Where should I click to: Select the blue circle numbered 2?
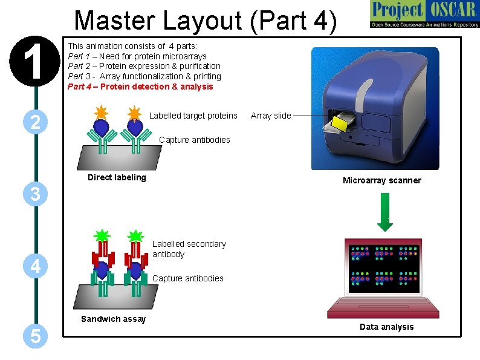pyautogui.click(x=35, y=122)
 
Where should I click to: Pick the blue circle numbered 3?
pyautogui.click(x=35, y=194)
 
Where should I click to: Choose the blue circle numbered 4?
pyautogui.click(x=35, y=266)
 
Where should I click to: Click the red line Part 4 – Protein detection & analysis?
pyautogui.click(x=140, y=87)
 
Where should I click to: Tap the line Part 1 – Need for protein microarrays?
pyautogui.click(x=137, y=56)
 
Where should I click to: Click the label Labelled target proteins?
pyautogui.click(x=193, y=116)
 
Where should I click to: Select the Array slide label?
pyautogui.click(x=270, y=116)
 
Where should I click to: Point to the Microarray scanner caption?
pyautogui.click(x=381, y=180)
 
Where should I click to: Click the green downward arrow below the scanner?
pyautogui.click(x=384, y=211)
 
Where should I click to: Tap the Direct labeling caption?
pyautogui.click(x=117, y=177)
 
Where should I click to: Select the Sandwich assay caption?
pyautogui.click(x=113, y=319)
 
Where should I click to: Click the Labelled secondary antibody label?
pyautogui.click(x=189, y=249)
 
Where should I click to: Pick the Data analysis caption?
pyautogui.click(x=386, y=327)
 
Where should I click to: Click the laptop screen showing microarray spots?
pyautogui.click(x=383, y=267)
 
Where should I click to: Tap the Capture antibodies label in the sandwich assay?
pyautogui.click(x=188, y=278)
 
